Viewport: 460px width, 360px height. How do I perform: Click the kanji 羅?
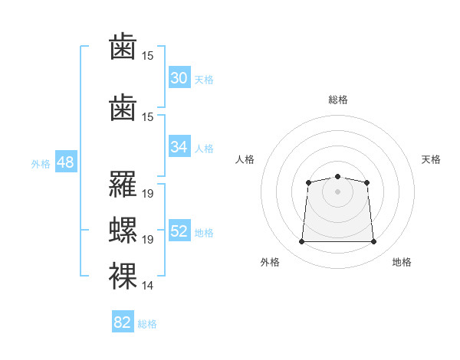click(x=123, y=184)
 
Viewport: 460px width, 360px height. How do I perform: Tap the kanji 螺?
click(x=123, y=230)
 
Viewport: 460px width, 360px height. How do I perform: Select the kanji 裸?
click(x=123, y=276)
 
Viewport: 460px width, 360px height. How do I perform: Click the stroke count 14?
click(x=147, y=285)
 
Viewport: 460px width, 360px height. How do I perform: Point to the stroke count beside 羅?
click(x=147, y=194)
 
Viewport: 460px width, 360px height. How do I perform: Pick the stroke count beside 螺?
click(x=147, y=240)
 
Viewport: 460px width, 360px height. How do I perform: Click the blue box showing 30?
click(x=179, y=77)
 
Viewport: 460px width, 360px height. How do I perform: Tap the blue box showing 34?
click(x=179, y=146)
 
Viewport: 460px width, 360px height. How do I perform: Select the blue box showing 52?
click(x=179, y=230)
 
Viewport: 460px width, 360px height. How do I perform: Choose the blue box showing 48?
click(x=66, y=161)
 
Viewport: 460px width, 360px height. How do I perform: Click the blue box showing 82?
click(x=123, y=321)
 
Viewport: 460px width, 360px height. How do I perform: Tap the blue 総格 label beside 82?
click(x=147, y=324)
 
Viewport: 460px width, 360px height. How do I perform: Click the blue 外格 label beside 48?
click(x=41, y=164)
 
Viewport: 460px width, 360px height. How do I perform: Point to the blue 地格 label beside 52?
click(x=204, y=233)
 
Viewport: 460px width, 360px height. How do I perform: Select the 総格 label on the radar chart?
click(x=337, y=100)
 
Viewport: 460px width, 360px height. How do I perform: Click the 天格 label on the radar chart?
click(x=431, y=159)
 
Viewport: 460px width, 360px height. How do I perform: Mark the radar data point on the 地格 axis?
click(x=373, y=241)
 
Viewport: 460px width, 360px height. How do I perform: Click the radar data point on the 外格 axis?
click(x=301, y=241)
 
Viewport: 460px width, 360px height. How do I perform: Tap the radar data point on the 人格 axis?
click(x=308, y=182)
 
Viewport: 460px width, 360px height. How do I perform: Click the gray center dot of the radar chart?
click(x=337, y=191)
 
